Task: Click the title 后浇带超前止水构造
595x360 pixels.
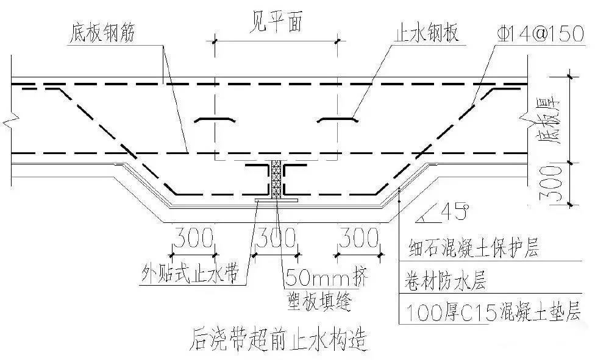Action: (279, 339)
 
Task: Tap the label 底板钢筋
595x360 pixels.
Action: (102, 33)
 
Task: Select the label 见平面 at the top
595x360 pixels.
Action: (276, 23)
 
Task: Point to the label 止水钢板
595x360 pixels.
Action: (427, 33)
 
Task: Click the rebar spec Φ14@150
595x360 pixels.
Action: (540, 34)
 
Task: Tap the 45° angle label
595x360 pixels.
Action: (453, 213)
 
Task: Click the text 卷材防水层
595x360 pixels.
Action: (445, 280)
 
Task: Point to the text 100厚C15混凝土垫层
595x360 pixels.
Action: (494, 312)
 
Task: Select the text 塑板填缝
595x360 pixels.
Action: (319, 301)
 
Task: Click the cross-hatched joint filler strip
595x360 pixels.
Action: (276, 179)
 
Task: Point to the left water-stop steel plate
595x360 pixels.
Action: (215, 120)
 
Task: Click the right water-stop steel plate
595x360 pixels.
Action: (338, 120)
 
